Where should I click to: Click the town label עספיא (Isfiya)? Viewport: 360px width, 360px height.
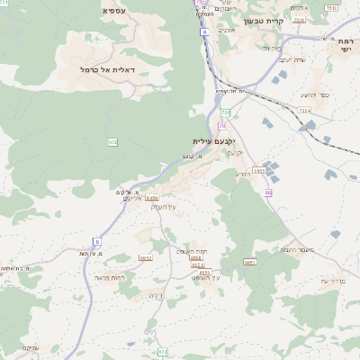(x=114, y=10)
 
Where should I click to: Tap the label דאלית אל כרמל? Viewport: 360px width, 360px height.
(x=107, y=69)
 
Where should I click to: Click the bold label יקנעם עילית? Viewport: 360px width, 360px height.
(x=213, y=141)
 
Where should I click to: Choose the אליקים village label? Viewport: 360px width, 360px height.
(x=129, y=199)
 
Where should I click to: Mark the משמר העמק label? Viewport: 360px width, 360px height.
(x=296, y=249)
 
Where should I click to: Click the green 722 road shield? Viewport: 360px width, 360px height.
(x=226, y=112)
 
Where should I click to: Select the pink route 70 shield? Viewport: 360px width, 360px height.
(x=220, y=127)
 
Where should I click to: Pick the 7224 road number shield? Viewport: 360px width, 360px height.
(x=304, y=111)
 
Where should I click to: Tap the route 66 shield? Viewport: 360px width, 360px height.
(x=268, y=193)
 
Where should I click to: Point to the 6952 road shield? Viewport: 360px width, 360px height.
(x=146, y=257)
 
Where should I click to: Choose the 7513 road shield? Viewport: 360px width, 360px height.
(x=331, y=8)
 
